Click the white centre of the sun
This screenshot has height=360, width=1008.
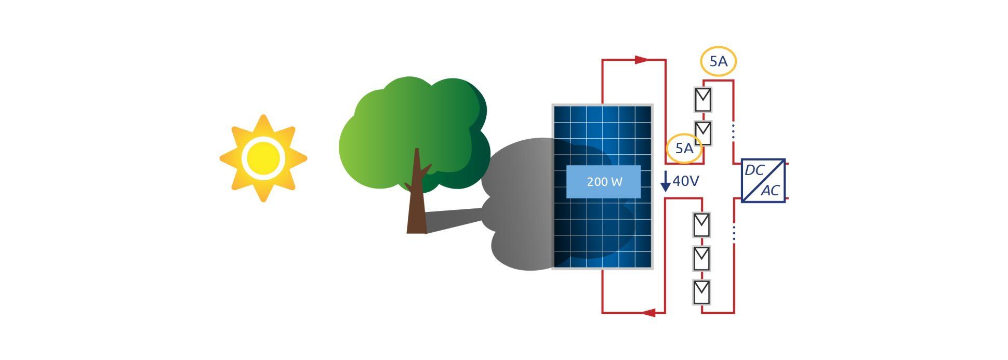click(x=263, y=158)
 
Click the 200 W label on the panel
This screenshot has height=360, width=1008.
click(x=603, y=182)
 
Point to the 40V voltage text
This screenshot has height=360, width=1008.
click(x=686, y=181)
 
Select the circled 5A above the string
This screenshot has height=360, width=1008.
click(x=718, y=62)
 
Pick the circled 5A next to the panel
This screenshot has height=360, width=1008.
click(x=684, y=149)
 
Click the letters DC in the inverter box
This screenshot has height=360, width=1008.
click(x=754, y=170)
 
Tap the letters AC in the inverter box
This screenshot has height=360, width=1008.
click(x=771, y=191)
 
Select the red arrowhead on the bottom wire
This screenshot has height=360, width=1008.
click(x=649, y=313)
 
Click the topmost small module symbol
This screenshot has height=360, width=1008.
click(x=703, y=99)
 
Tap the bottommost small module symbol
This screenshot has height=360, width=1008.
click(x=701, y=292)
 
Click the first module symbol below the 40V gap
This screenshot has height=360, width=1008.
click(x=701, y=225)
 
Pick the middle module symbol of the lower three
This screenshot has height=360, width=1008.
click(x=701, y=258)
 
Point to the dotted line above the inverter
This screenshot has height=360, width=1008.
click(x=733, y=131)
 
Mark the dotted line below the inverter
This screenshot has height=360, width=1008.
click(x=733, y=233)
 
